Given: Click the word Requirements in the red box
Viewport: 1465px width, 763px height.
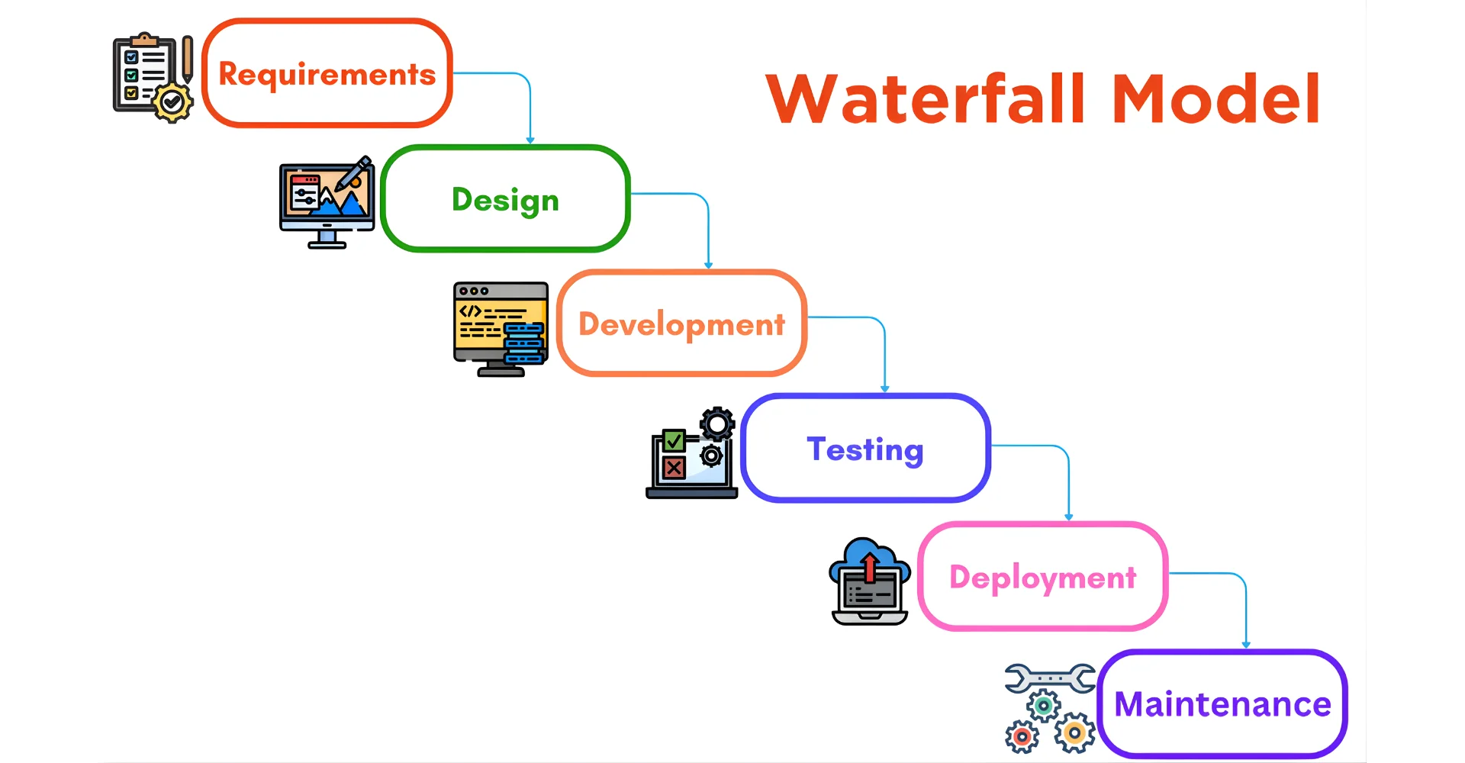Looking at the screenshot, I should pos(327,74).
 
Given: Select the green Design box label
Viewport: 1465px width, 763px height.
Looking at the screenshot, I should pos(505,200).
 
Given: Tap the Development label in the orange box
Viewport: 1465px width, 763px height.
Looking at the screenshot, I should pos(681,324).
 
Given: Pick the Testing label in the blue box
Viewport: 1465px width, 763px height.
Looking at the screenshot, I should pos(865,449).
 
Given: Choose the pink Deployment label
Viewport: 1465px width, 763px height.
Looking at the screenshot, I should pos(1042,578).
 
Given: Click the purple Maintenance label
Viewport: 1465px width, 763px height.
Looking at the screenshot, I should pos(1222,704).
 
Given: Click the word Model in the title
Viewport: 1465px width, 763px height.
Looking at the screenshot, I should pos(1216,99).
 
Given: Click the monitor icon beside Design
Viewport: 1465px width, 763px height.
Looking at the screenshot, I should pos(327,202).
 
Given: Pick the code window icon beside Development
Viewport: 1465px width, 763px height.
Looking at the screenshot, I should pos(500,328).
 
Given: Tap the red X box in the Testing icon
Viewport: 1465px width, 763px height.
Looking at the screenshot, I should pos(674,468).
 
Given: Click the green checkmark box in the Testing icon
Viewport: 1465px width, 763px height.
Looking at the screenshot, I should pos(674,440).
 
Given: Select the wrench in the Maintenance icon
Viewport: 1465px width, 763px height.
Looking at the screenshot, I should pos(1050,678).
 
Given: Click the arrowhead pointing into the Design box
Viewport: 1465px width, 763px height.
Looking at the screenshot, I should pos(530,140).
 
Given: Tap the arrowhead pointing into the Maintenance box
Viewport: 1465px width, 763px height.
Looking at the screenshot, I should pos(1246,645).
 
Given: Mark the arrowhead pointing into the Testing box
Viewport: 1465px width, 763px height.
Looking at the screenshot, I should pos(885,389).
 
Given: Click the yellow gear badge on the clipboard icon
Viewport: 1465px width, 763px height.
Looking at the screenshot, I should pos(172,102).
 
